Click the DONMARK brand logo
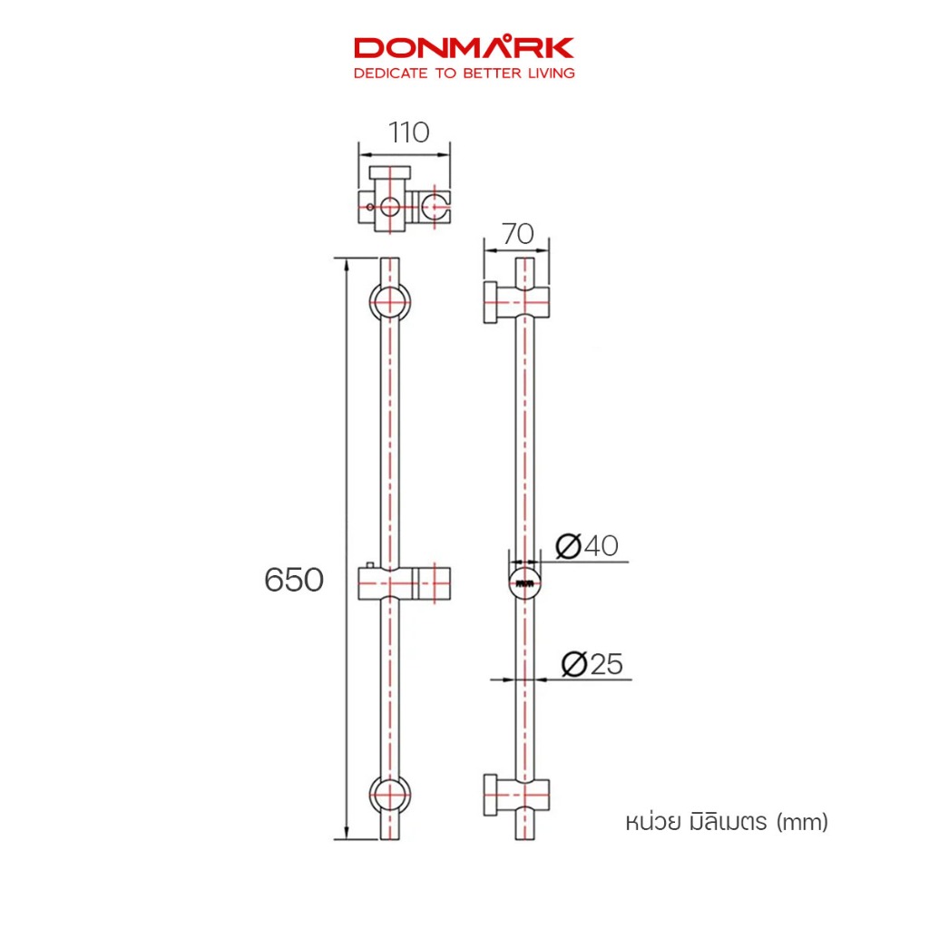pyautogui.click(x=464, y=47)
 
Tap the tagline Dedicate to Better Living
pyautogui.click(x=464, y=73)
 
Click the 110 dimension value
pyautogui.click(x=409, y=132)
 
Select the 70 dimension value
pyautogui.click(x=518, y=233)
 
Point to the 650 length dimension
pyautogui.click(x=294, y=580)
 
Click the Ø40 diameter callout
pyautogui.click(x=587, y=545)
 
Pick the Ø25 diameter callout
pyautogui.click(x=592, y=663)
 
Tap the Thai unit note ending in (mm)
pyautogui.click(x=727, y=822)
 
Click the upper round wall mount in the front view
pyautogui.click(x=390, y=301)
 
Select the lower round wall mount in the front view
pyautogui.click(x=390, y=795)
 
